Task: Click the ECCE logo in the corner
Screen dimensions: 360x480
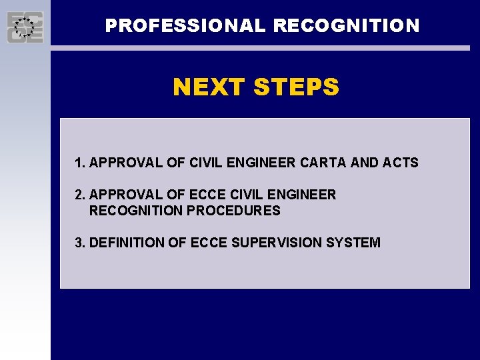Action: pyautogui.click(x=25, y=27)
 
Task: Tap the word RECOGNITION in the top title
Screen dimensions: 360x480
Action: pyautogui.click(x=346, y=26)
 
